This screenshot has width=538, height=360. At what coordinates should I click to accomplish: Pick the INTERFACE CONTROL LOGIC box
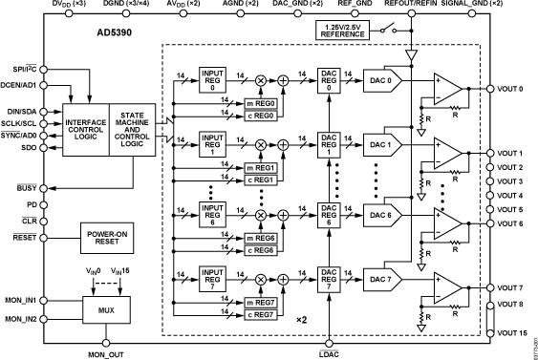[86, 129]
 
